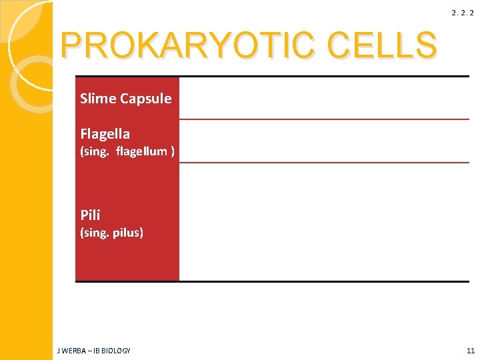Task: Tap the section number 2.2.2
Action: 463,13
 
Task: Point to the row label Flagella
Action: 105,134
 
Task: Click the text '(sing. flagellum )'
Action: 127,151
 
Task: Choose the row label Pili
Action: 90,215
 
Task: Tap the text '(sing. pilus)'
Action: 111,233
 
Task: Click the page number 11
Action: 471,351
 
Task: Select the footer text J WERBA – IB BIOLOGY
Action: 95,351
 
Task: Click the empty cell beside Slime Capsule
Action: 324,98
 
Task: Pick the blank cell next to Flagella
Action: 324,141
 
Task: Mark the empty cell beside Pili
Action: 324,221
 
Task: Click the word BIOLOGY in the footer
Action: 117,351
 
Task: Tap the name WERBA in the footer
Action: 75,351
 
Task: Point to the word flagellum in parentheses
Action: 141,151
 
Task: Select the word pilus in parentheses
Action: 127,233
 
